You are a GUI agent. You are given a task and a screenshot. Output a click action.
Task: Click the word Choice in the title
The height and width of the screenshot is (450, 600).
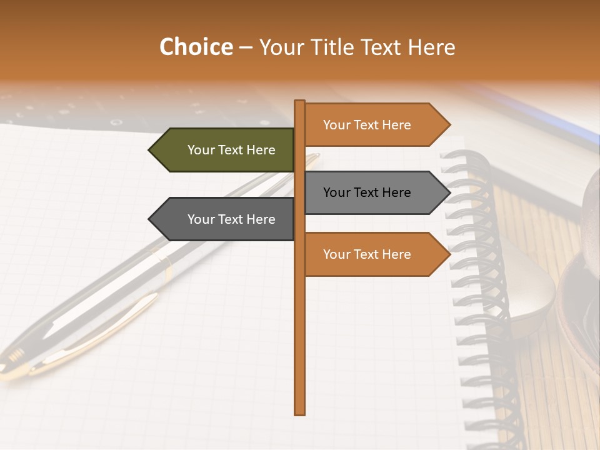click(196, 47)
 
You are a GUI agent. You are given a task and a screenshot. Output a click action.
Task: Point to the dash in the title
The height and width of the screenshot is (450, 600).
click(246, 47)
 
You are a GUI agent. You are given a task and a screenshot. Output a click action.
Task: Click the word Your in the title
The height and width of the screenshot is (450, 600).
click(282, 47)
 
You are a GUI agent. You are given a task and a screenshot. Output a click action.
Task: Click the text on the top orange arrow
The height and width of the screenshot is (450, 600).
click(367, 125)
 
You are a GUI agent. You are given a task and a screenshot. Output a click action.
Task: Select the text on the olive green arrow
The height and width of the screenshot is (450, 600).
click(231, 150)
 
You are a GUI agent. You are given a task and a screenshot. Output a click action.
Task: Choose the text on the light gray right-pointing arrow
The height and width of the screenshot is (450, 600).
click(367, 192)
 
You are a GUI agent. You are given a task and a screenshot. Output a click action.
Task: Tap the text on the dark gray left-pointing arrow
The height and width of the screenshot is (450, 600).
click(231, 219)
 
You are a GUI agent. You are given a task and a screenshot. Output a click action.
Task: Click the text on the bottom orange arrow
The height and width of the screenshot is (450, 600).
click(367, 254)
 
